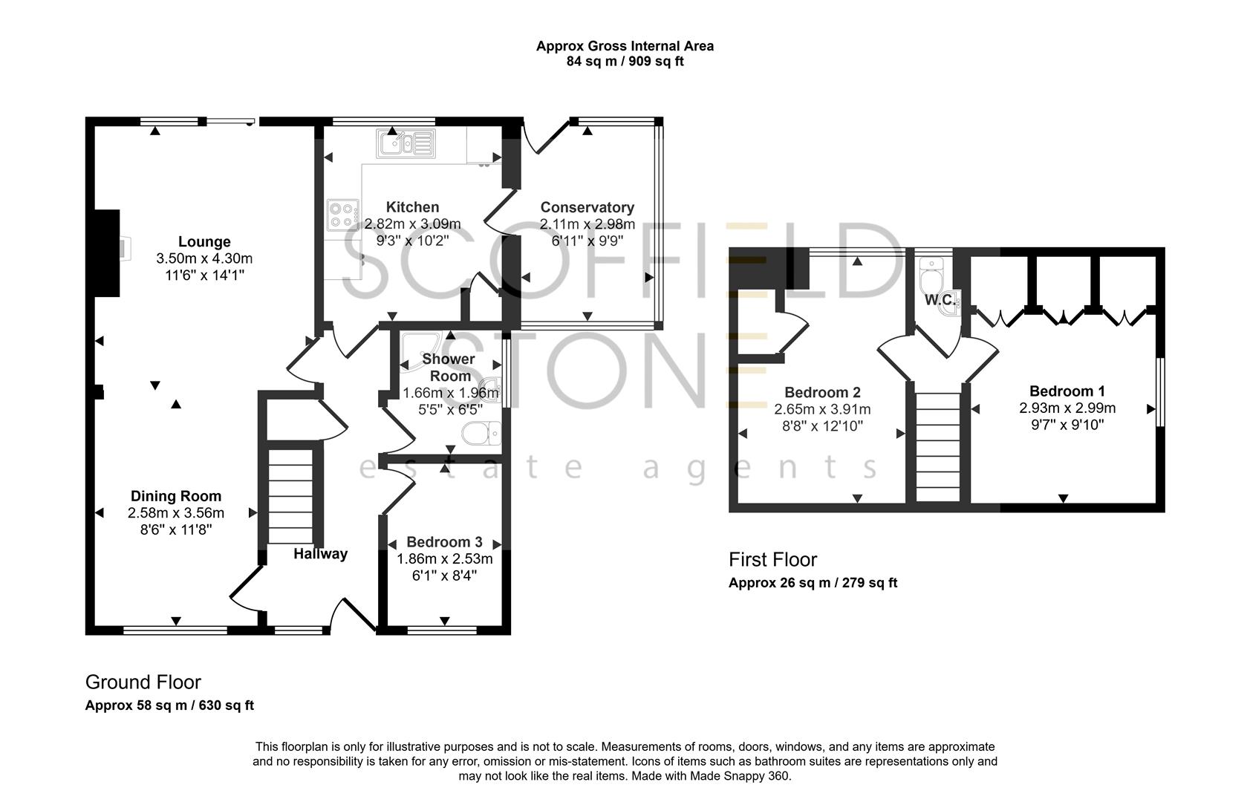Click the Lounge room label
coord(204,242)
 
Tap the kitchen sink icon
coord(406,143)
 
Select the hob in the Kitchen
coord(342,215)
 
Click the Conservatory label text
coord(587,208)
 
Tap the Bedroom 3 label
coord(444,542)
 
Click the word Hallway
coord(320,554)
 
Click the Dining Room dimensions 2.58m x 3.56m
coord(176,513)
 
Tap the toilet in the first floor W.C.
coord(929,278)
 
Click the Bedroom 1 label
coord(1067,391)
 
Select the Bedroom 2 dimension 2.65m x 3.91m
coord(822,409)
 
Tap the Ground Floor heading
coord(143,682)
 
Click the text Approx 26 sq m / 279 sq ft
coord(813,583)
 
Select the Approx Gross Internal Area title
coord(625,46)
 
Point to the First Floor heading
coord(772,560)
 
